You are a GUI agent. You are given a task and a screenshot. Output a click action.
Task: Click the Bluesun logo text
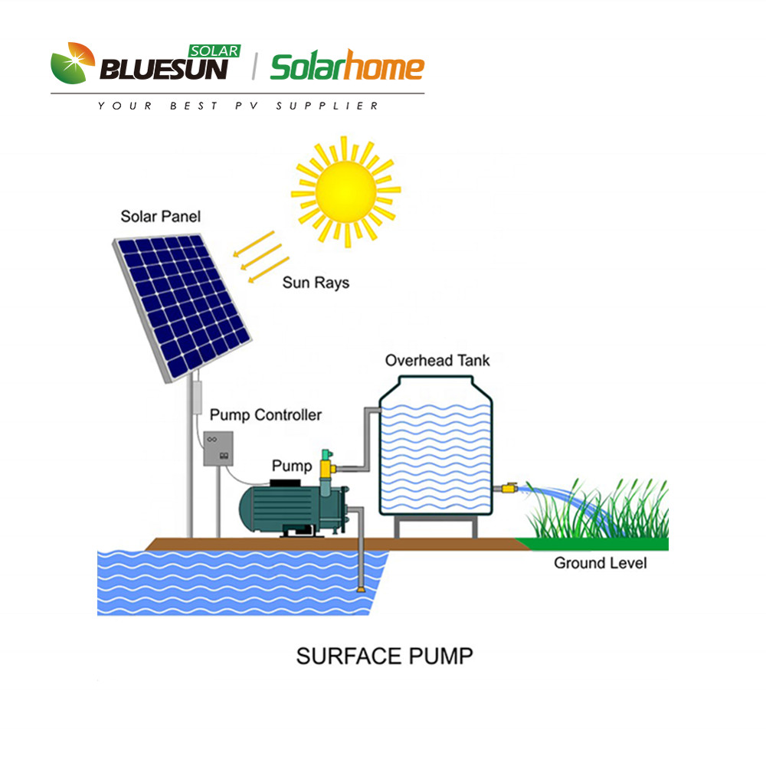tap(165, 70)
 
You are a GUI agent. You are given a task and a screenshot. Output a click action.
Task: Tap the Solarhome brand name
tap(347, 68)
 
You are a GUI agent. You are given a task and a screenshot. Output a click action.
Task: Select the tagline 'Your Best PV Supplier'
tap(238, 106)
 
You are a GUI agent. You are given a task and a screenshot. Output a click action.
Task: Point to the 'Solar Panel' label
tap(160, 217)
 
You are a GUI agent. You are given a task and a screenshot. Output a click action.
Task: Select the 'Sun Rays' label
tap(315, 283)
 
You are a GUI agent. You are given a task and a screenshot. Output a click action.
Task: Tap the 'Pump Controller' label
tap(265, 415)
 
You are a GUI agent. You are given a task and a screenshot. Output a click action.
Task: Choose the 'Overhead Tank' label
tap(437, 360)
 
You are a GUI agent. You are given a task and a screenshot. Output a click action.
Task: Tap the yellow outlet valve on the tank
tap(508, 487)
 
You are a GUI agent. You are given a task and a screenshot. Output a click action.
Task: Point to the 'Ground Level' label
tap(600, 563)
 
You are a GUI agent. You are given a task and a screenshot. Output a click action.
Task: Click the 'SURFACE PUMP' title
tap(385, 656)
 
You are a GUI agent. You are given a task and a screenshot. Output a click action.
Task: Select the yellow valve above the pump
tap(329, 464)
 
